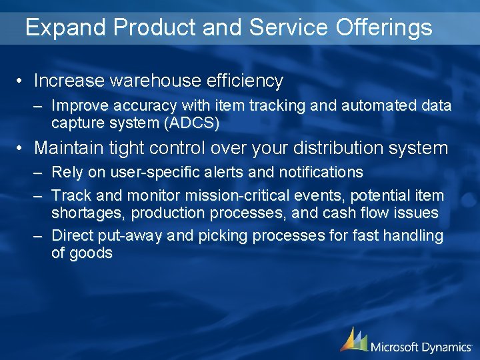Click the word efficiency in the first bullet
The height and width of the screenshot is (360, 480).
click(246, 81)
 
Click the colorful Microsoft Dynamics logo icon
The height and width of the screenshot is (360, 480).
click(353, 339)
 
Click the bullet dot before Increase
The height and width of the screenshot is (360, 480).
click(21, 81)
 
